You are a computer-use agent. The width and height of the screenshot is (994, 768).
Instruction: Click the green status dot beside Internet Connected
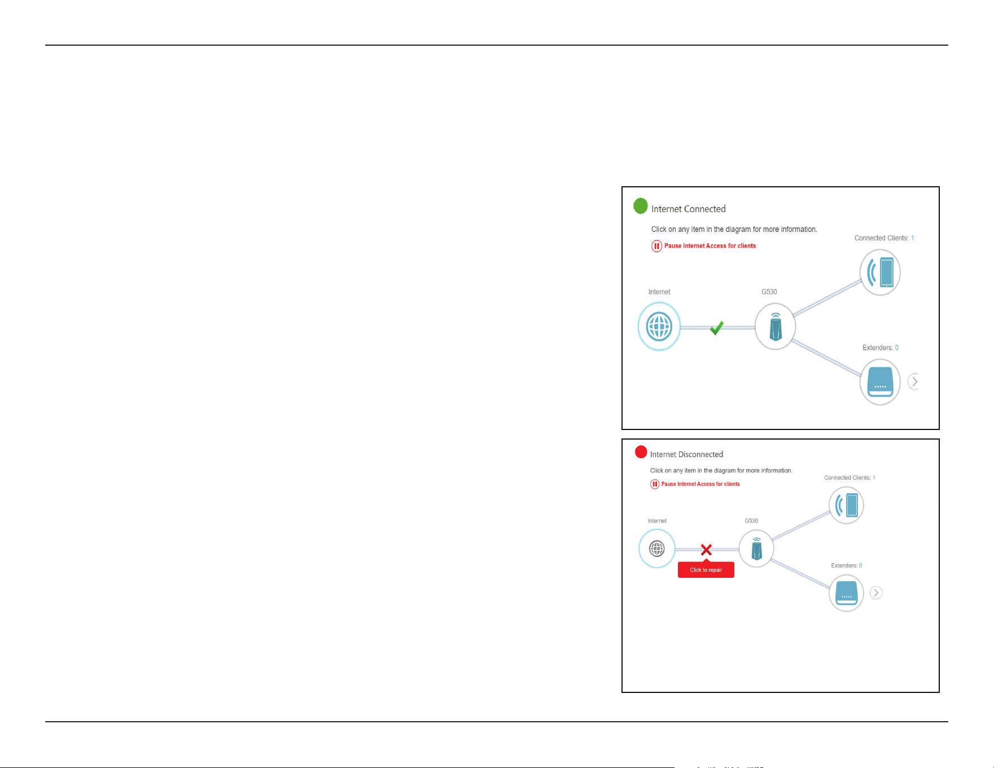click(x=641, y=206)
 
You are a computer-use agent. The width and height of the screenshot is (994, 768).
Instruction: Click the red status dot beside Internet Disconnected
click(x=641, y=452)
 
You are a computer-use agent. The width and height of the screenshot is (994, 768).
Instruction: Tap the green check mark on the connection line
click(x=717, y=328)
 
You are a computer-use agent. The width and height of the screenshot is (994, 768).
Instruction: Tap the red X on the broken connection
click(x=706, y=550)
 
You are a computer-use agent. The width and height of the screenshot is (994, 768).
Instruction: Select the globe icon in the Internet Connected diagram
click(x=659, y=327)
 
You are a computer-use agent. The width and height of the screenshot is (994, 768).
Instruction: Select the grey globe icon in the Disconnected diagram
click(x=657, y=548)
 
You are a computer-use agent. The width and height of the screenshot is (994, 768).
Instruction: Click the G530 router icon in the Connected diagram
click(x=776, y=327)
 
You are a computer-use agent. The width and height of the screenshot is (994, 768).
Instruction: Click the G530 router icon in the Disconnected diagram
click(x=756, y=548)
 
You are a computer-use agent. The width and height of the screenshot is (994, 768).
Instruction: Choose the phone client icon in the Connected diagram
click(x=880, y=273)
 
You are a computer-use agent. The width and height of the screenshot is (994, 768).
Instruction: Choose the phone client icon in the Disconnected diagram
click(x=846, y=505)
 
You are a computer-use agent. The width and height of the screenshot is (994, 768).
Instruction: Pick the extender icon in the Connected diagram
click(x=880, y=382)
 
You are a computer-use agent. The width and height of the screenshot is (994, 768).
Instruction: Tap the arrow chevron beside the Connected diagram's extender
click(x=914, y=382)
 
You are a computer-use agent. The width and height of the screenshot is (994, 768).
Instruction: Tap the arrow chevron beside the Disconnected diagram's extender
click(x=876, y=593)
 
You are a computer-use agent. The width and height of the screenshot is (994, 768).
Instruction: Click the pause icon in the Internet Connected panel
click(x=656, y=246)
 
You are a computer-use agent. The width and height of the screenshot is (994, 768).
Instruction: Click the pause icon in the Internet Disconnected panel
click(x=655, y=484)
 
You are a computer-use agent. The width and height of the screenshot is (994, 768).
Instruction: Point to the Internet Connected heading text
click(x=689, y=209)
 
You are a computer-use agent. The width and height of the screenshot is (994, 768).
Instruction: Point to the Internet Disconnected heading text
click(x=686, y=454)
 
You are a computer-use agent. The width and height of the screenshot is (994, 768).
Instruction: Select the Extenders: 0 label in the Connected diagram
click(x=881, y=348)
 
